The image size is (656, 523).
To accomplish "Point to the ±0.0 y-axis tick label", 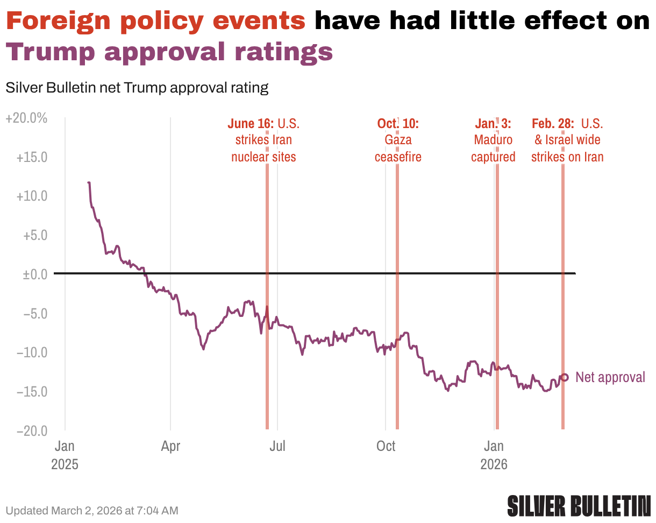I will [33, 274].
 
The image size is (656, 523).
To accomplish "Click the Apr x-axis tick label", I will [170, 446].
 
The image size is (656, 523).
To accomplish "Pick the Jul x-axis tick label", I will [277, 446].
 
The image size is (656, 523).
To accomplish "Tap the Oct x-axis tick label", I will [386, 446].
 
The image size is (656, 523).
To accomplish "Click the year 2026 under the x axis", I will [494, 464].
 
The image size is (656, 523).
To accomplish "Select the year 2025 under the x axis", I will [65, 464].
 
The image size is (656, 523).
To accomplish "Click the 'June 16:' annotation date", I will [251, 124].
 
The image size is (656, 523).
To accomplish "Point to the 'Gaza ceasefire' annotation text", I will [398, 149].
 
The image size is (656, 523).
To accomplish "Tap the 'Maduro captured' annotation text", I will [493, 149].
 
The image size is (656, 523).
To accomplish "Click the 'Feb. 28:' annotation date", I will [553, 124].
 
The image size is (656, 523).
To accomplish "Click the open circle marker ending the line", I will [564, 377].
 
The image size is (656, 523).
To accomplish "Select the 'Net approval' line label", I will [610, 377].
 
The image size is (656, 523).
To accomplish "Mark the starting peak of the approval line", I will [89, 183].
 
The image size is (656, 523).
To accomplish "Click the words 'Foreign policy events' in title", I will [156, 21].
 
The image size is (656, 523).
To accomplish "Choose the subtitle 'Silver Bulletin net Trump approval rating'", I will [137, 88].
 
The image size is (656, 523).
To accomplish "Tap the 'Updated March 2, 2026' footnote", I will [91, 510].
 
